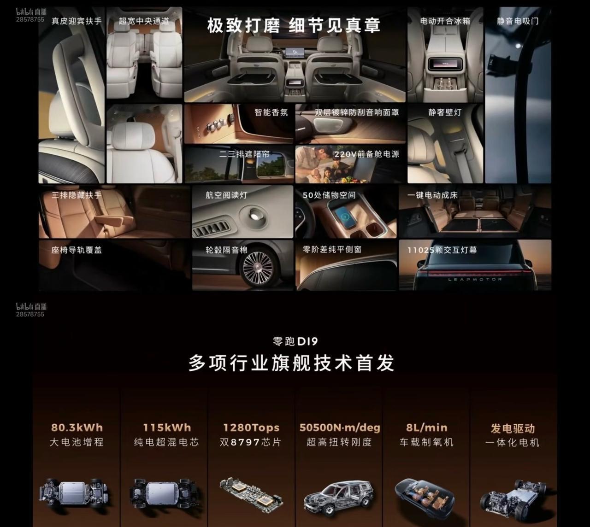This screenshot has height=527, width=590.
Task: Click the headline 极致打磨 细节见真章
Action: coord(294,25)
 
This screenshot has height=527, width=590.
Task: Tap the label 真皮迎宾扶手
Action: coord(77,21)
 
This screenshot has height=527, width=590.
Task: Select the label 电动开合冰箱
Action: coord(445,21)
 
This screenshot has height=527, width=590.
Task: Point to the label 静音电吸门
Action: coord(518,21)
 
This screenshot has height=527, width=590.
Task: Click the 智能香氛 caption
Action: coord(271,112)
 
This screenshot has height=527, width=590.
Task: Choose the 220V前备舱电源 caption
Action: coord(366,154)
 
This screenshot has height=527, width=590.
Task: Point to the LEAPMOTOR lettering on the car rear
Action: coord(475,279)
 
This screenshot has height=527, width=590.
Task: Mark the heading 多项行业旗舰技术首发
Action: coord(291,363)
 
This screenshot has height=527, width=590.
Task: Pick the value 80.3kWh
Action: coord(77,427)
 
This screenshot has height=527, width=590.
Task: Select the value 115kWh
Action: coord(167,427)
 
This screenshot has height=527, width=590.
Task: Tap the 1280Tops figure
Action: coord(251,427)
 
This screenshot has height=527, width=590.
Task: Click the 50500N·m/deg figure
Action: coord(340,427)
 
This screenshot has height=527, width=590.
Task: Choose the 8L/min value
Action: coord(427,427)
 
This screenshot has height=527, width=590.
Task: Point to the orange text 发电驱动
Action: coord(513,428)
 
